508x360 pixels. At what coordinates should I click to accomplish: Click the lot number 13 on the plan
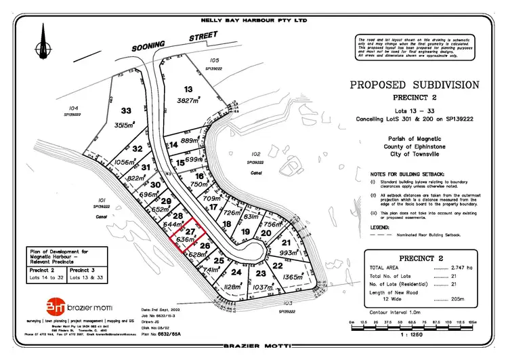(188, 89)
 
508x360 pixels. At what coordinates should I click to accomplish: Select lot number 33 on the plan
(126, 111)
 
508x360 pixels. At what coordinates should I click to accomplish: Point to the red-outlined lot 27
(191, 232)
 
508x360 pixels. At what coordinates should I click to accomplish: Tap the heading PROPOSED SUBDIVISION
(415, 85)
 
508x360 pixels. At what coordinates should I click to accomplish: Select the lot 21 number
(287, 242)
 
